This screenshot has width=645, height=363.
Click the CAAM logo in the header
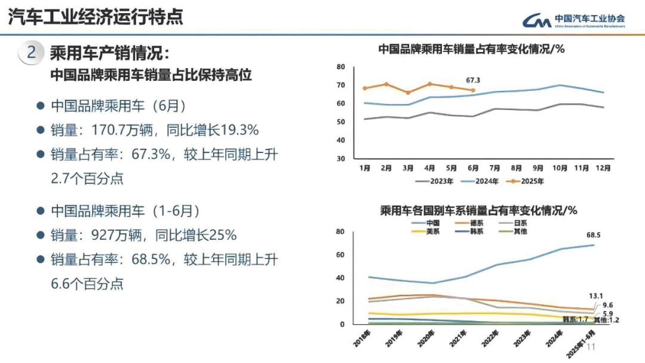[574, 20]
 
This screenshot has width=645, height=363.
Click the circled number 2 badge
[32, 53]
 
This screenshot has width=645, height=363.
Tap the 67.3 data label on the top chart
[473, 80]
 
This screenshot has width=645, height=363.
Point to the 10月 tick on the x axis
[559, 168]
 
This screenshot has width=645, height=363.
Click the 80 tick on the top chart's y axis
[341, 66]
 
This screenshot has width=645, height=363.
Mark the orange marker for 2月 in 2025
[386, 84]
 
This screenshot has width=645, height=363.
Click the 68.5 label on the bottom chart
[593, 235]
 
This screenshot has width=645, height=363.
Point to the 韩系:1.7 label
[575, 319]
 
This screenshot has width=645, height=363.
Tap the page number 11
[592, 347]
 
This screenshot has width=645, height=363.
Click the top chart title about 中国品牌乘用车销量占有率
[471, 49]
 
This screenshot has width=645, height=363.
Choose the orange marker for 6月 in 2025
[473, 90]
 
